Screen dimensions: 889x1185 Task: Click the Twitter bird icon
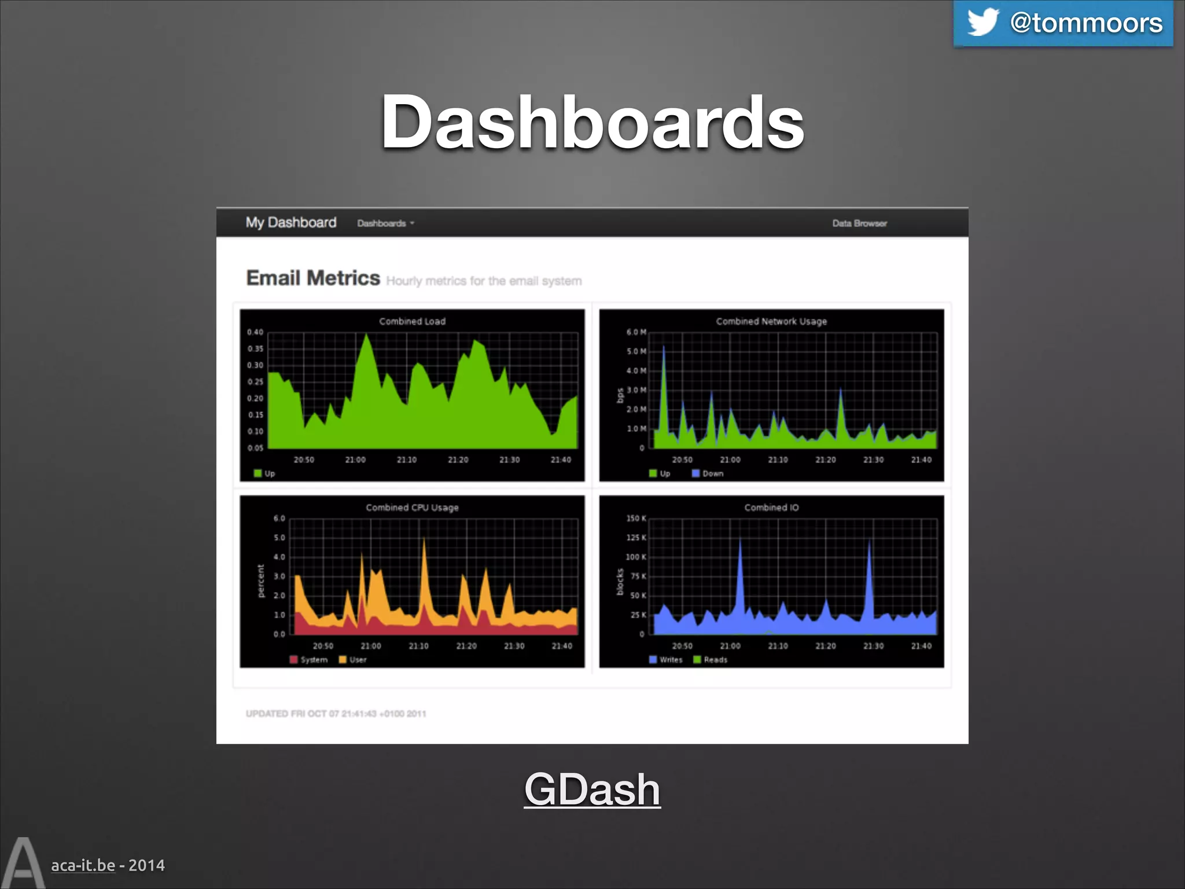coord(982,22)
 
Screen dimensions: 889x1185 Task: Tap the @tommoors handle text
coord(1086,23)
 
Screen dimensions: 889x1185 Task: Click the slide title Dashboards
coord(592,122)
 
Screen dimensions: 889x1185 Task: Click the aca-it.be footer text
coord(83,865)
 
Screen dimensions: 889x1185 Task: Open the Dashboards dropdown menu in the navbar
coord(385,223)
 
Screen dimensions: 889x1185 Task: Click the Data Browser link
coord(859,223)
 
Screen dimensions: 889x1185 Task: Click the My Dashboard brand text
coord(290,223)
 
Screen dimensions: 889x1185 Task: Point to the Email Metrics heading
coord(313,278)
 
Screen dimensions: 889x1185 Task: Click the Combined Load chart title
coord(412,322)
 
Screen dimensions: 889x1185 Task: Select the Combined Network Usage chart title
coord(771,322)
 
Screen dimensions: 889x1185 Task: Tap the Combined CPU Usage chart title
coord(412,508)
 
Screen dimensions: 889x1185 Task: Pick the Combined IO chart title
coord(771,508)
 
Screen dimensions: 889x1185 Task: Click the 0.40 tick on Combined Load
coord(255,332)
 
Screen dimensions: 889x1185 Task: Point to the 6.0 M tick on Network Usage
coord(636,332)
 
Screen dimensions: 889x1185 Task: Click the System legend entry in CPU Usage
coord(309,660)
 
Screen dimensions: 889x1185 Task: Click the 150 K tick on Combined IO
coord(636,519)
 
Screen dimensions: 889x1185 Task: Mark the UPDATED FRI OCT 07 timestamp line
coord(336,714)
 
